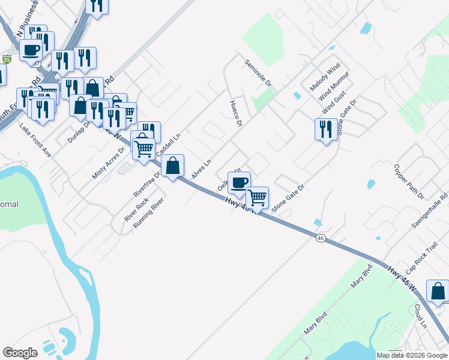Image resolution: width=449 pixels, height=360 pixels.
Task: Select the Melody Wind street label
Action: click(x=325, y=77)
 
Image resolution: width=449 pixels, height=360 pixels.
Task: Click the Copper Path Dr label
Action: click(x=409, y=181)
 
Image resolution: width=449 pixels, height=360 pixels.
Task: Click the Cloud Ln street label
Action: click(x=419, y=316)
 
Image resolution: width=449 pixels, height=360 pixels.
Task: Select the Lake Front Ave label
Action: click(x=35, y=140)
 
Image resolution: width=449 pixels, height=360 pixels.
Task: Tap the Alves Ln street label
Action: click(x=202, y=169)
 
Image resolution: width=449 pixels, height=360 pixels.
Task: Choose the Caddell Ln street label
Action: click(x=169, y=145)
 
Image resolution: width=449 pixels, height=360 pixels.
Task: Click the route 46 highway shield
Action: click(x=321, y=238)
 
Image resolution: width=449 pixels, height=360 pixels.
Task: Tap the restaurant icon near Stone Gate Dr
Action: click(x=325, y=129)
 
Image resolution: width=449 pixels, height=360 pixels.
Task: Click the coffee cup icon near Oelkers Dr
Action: click(x=239, y=182)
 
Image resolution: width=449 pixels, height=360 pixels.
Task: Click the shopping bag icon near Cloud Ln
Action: click(x=438, y=291)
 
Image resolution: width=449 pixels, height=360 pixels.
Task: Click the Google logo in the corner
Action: click(x=20, y=353)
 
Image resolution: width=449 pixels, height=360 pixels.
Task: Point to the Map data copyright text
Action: click(x=412, y=355)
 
